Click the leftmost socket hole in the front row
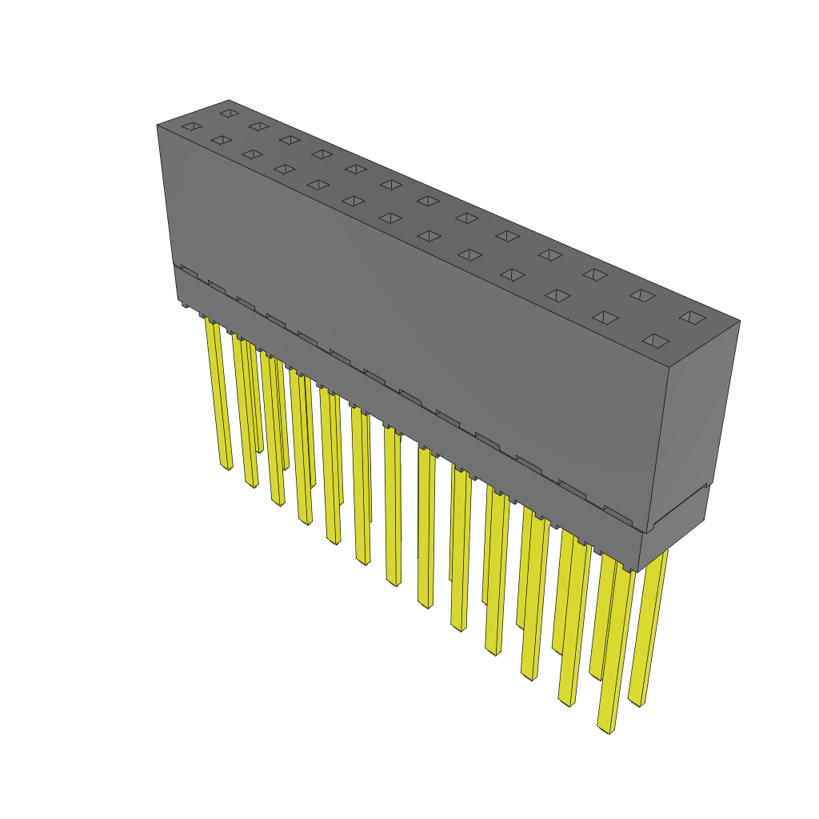coord(190,126)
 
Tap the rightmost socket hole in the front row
coord(656,341)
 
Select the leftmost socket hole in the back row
coord(230,113)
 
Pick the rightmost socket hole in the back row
coord(693,318)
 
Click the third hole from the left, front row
coord(252,154)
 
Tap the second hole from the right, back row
coord(642,295)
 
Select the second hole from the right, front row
coord(605,318)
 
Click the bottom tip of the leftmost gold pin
coord(227,466)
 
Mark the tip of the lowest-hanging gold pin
coord(608,729)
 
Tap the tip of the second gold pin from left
coord(251,483)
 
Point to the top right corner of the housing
coord(739,322)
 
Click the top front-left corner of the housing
coord(158,126)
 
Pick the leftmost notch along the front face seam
coord(190,270)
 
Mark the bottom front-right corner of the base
coord(637,570)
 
